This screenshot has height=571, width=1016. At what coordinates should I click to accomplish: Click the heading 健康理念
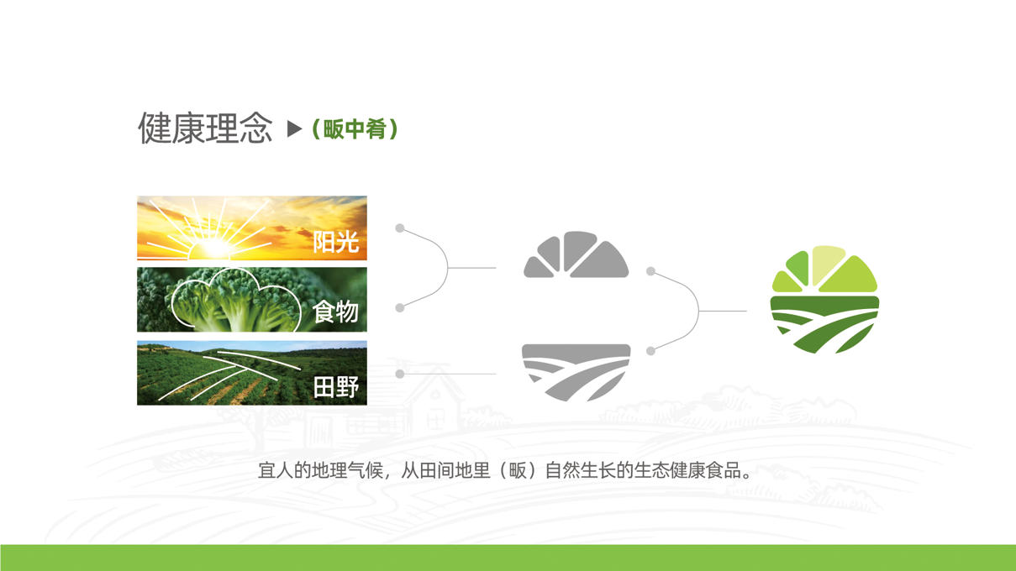tap(205, 128)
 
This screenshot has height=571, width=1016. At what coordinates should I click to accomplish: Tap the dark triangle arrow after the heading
tap(294, 128)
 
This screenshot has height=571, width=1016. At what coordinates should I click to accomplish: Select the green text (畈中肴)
tap(355, 129)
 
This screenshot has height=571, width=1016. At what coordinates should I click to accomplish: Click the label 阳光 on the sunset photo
tap(335, 242)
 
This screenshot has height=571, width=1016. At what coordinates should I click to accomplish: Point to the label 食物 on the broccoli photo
tap(335, 312)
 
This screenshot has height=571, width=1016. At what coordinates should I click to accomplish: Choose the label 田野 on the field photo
tap(335, 387)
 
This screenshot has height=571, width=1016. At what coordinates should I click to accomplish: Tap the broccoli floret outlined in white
tap(235, 299)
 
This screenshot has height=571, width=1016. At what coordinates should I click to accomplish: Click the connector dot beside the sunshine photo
tap(400, 228)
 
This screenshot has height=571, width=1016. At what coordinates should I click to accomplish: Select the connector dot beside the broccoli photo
tap(400, 308)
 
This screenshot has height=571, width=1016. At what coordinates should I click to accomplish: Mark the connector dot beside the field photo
tap(400, 374)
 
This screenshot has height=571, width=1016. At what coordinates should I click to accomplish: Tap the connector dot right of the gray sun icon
tap(651, 271)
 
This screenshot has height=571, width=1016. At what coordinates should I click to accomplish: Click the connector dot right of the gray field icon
tap(651, 351)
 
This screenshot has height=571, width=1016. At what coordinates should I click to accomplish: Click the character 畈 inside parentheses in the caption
tap(517, 470)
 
